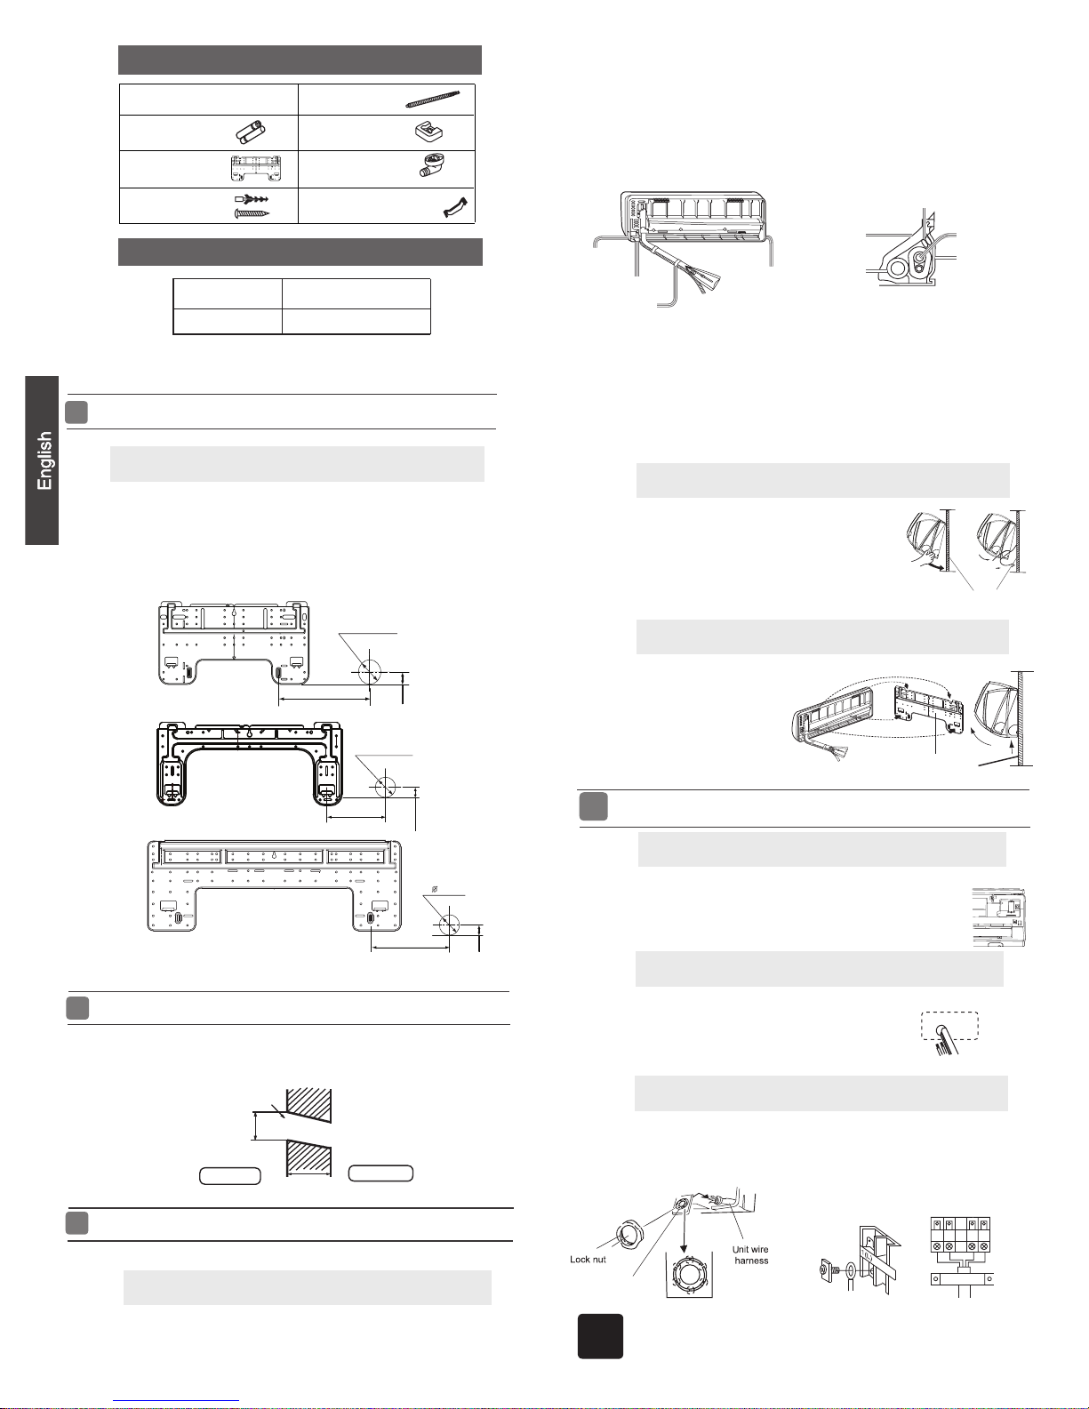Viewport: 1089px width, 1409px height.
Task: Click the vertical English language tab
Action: tap(42, 460)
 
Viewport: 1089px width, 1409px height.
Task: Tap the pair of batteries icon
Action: tap(251, 131)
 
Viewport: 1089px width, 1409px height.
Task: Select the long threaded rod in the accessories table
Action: tap(433, 99)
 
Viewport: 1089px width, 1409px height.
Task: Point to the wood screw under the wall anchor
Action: tap(252, 212)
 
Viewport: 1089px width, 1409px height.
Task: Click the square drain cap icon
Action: tap(428, 132)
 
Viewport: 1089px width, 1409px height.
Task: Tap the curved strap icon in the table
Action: tap(455, 207)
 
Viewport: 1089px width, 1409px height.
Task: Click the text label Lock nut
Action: tap(588, 1260)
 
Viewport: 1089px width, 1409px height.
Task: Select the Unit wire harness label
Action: tap(750, 1254)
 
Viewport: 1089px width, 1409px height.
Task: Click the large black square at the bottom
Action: tap(600, 1336)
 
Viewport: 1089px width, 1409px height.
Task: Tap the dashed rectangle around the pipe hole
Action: tap(949, 1025)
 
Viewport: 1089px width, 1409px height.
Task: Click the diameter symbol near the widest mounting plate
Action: tap(435, 890)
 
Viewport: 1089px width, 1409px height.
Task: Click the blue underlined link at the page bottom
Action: tap(176, 1402)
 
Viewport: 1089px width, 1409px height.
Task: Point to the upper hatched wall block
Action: tap(310, 1106)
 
